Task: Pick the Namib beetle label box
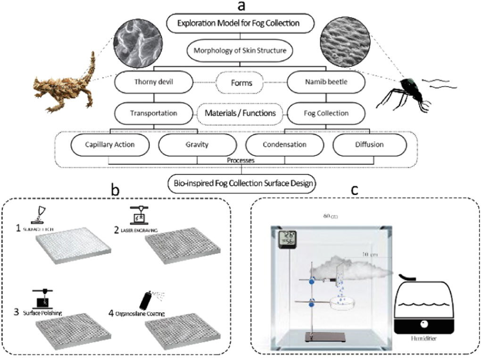[326, 82]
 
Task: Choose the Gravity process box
[197, 145]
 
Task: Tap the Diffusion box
[370, 145]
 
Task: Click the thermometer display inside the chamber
[286, 238]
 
